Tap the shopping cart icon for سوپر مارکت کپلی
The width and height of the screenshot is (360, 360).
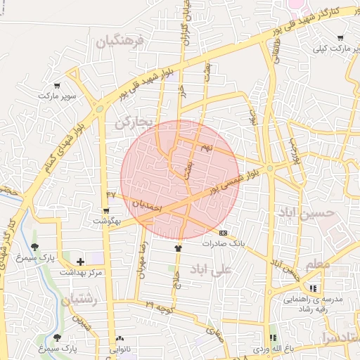click(341, 38)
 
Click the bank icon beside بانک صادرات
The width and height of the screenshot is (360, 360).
click(223, 232)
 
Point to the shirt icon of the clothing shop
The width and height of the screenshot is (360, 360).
click(178, 247)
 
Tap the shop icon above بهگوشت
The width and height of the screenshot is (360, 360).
click(106, 210)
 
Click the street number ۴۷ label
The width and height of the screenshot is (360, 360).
click(110, 193)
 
